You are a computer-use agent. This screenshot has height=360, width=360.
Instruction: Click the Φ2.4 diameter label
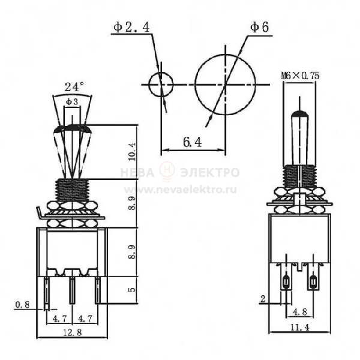131,28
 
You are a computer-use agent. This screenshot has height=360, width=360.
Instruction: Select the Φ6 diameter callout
259,28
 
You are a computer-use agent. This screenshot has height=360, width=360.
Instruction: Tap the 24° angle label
74,87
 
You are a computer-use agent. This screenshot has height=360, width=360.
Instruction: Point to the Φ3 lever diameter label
72,102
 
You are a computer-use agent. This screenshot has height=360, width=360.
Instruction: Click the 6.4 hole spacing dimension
193,142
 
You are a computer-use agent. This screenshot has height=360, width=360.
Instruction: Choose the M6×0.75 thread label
301,76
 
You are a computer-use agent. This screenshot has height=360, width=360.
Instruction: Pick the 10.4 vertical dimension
132,152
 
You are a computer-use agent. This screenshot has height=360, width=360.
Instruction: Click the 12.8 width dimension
72,332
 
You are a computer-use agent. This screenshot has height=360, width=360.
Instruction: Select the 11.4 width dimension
300,328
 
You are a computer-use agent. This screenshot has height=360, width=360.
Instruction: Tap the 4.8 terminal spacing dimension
300,312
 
